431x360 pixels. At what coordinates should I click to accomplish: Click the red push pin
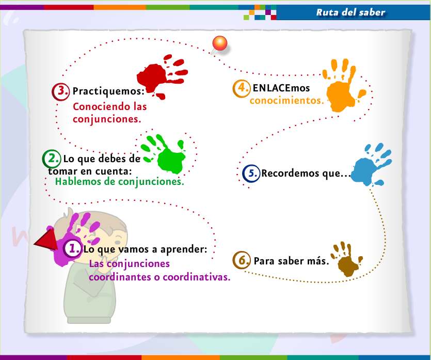click(x=220, y=44)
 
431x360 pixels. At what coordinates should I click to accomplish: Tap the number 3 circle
click(x=61, y=91)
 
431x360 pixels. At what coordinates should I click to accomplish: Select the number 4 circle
click(x=241, y=88)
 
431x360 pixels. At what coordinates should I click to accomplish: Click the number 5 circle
click(x=251, y=174)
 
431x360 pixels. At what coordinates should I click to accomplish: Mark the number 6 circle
click(x=241, y=260)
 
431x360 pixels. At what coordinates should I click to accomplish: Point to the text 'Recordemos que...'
click(x=306, y=174)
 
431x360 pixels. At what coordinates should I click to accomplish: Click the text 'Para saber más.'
click(x=291, y=260)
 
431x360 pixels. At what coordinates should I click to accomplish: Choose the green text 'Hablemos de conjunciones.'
click(x=119, y=182)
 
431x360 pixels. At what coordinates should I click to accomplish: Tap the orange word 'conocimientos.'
click(x=286, y=100)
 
